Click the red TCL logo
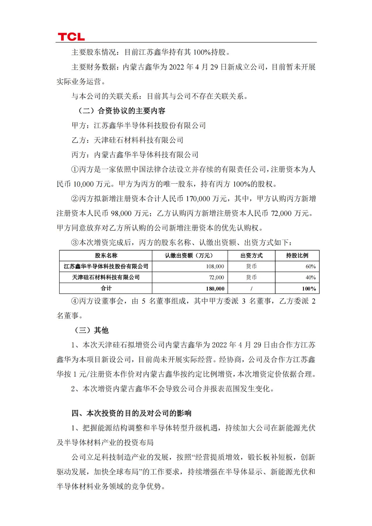click(71, 37)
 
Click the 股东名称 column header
click(106, 255)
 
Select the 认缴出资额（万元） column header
click(189, 255)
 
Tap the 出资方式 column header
click(251, 255)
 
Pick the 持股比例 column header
click(297, 255)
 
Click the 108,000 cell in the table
click(215, 266)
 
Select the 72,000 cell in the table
click(217, 278)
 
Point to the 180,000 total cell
click(215, 289)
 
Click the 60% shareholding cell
click(310, 266)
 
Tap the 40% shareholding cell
click(310, 278)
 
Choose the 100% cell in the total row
click(309, 289)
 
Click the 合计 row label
click(106, 288)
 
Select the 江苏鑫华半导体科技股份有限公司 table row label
click(106, 266)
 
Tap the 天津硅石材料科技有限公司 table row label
click(106, 278)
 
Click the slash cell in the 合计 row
click(251, 289)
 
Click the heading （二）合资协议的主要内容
click(122, 111)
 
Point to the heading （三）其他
click(92, 330)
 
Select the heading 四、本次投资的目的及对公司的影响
click(131, 413)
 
